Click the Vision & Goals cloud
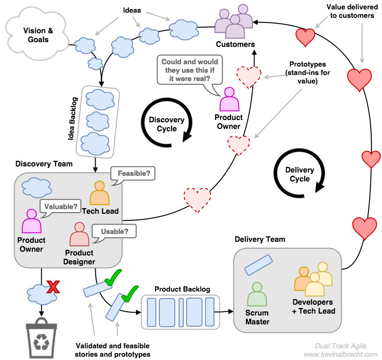[x=37, y=36]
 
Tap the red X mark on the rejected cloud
[x=53, y=286]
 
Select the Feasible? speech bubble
[x=134, y=174]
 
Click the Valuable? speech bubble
[x=60, y=206]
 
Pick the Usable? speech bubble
[x=114, y=231]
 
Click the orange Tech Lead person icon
[x=99, y=193]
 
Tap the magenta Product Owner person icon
[x=32, y=221]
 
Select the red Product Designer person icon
[x=79, y=234]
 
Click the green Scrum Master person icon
[x=257, y=294]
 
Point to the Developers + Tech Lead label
[x=313, y=307]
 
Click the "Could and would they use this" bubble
[x=189, y=70]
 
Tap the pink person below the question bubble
[x=229, y=99]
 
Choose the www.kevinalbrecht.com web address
[x=340, y=354]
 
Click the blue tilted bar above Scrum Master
[x=258, y=265]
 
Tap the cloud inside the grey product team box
[x=37, y=187]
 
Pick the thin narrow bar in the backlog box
[x=181, y=312]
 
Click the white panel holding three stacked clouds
[x=97, y=121]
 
